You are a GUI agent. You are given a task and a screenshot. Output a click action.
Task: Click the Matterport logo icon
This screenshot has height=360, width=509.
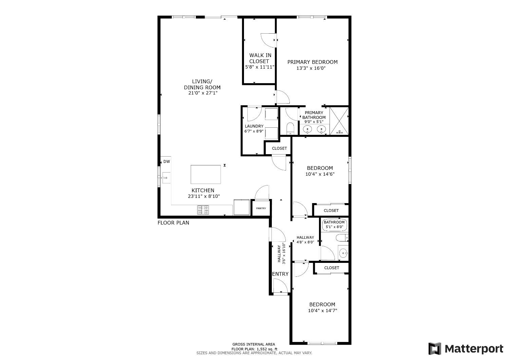435,349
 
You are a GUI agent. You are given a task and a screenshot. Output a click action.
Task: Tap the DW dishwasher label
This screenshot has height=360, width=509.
167,162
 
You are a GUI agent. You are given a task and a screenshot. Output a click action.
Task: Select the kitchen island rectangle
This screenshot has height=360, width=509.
206,174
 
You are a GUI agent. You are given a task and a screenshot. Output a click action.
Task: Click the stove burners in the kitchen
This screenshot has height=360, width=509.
203,210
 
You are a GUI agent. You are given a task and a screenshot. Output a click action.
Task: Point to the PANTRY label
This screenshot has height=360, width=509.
261,209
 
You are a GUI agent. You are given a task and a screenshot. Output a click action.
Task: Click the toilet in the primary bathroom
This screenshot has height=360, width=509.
290,128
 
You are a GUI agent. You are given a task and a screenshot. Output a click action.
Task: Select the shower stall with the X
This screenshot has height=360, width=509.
339,121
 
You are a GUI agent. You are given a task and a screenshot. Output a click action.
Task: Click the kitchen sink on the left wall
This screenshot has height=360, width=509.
166,177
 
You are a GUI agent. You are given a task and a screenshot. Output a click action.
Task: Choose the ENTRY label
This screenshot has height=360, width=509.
280,274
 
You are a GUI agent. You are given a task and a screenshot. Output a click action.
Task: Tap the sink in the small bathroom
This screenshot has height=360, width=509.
343,253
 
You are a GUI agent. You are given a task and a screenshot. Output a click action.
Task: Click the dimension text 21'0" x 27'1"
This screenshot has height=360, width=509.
202,93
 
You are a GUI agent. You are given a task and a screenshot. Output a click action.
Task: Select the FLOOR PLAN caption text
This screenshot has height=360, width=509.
173,223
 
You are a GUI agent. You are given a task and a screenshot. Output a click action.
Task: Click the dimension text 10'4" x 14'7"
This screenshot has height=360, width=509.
322,310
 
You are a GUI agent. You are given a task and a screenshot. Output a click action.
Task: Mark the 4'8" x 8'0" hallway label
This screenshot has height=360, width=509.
305,242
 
